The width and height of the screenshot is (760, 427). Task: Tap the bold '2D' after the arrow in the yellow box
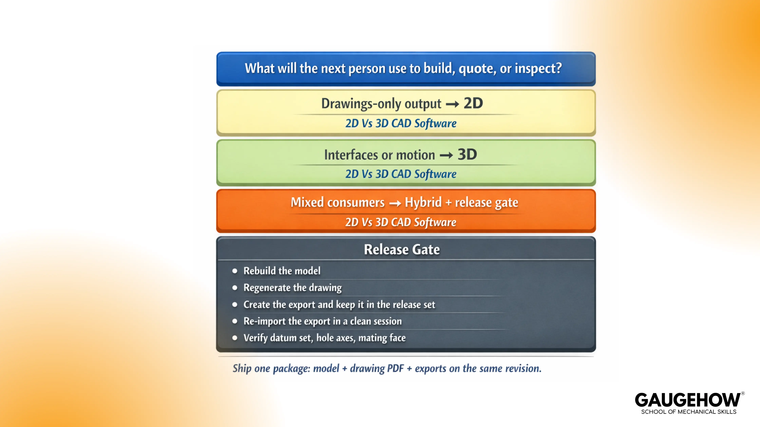click(473, 103)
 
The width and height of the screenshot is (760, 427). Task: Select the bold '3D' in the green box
click(467, 154)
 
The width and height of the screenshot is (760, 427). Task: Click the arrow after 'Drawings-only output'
click(452, 104)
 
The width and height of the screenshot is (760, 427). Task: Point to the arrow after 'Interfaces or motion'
click(446, 155)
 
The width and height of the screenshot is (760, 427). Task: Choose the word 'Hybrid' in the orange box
click(423, 202)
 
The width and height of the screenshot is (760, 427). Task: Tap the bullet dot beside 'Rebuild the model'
click(235, 271)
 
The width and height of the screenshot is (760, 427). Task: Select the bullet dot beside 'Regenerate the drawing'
click(235, 288)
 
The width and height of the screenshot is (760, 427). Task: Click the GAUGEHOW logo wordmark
click(687, 400)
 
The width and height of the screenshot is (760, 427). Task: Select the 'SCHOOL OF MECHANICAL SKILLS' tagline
click(689, 412)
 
